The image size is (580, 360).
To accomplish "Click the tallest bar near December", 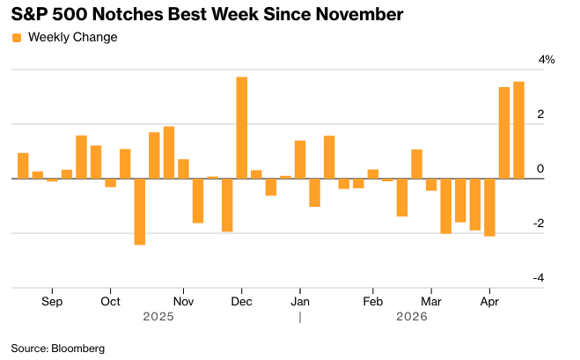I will point(241,128).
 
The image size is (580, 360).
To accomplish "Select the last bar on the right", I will point(518,130).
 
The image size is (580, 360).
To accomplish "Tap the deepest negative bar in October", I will point(139,211).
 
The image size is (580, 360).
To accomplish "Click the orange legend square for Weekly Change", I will point(17,37).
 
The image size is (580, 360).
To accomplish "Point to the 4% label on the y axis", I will point(547,60).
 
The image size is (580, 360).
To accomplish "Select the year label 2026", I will point(412,316).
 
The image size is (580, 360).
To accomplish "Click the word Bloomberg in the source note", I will point(78,349).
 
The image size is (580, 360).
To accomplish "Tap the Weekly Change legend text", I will point(72,37).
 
